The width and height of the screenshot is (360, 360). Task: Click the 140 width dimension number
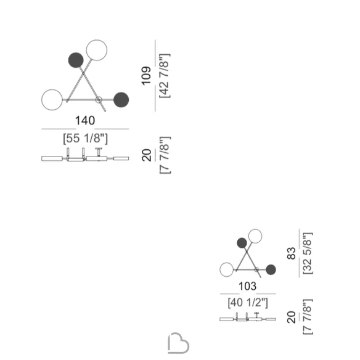pyautogui.click(x=85, y=121)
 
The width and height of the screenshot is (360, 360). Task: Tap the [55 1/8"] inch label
pyautogui.click(x=85, y=138)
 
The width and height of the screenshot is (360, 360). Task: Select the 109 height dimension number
pyautogui.click(x=146, y=76)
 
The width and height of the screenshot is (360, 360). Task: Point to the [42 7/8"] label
pyautogui.click(x=165, y=76)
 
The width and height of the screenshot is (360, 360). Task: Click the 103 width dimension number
pyautogui.click(x=247, y=286)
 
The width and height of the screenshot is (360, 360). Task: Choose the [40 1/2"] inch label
pyautogui.click(x=248, y=303)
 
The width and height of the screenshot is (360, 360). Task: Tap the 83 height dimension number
pyautogui.click(x=292, y=253)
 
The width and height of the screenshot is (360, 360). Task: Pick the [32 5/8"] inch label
pyautogui.click(x=308, y=253)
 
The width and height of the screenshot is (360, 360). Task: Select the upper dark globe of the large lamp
pyautogui.click(x=76, y=60)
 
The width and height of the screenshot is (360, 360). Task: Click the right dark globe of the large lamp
pyautogui.click(x=121, y=100)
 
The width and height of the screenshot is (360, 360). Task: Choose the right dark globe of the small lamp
pyautogui.click(x=271, y=269)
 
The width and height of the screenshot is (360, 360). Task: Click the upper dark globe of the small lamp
pyautogui.click(x=242, y=243)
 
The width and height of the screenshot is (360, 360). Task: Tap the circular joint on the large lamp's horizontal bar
pyautogui.click(x=99, y=100)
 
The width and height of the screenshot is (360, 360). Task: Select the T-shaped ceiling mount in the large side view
pyautogui.click(x=99, y=152)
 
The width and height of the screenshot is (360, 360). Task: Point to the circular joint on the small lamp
pyautogui.click(x=256, y=269)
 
